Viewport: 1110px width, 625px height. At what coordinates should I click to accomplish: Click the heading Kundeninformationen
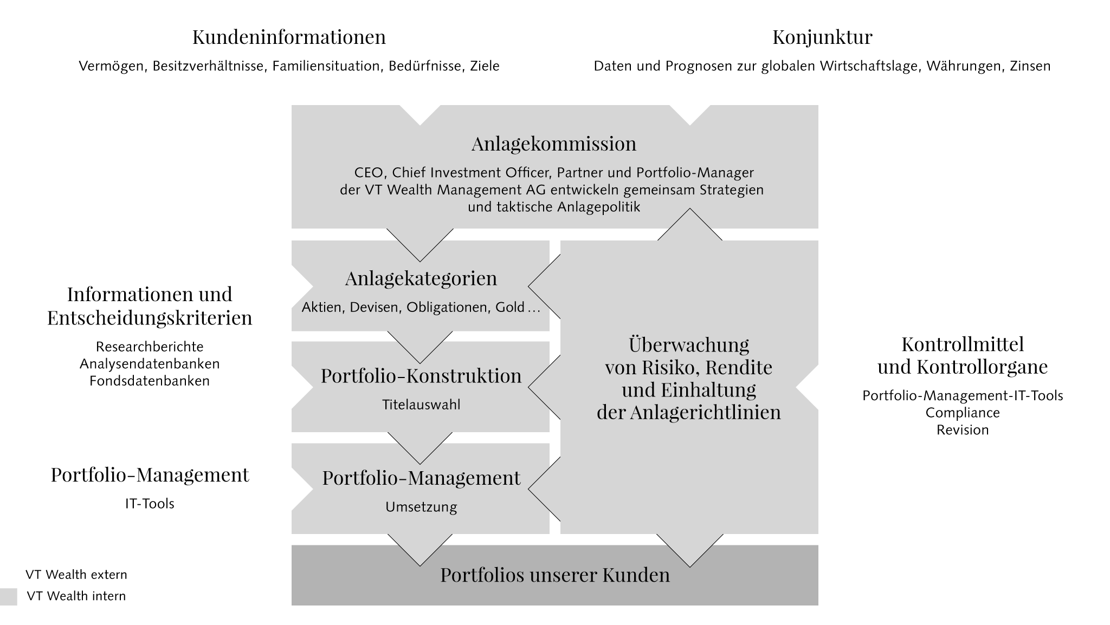click(289, 37)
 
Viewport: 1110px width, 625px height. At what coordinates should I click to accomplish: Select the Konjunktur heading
click(822, 37)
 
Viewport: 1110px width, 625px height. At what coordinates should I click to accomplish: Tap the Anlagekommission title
click(554, 144)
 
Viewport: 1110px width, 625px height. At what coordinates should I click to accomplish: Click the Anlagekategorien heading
click(421, 278)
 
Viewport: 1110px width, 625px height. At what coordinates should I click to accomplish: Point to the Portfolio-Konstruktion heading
click(421, 376)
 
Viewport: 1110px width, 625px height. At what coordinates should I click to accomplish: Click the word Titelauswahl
click(421, 405)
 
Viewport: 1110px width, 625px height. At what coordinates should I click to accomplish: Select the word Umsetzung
click(421, 507)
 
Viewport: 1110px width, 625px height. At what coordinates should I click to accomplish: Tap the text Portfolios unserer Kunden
click(555, 575)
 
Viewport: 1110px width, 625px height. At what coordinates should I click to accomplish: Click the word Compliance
click(963, 413)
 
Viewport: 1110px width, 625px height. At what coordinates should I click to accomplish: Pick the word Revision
click(963, 430)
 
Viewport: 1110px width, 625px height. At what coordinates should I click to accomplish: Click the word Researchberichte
click(150, 347)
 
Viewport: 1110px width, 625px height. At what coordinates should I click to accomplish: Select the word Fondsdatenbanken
click(150, 381)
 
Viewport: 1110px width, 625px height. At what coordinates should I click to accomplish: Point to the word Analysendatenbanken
click(150, 363)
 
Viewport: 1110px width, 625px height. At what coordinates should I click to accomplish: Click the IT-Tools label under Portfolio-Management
click(150, 504)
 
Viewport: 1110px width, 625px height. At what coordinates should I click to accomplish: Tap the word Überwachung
click(689, 344)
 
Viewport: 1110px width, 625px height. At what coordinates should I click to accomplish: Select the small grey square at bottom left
click(9, 597)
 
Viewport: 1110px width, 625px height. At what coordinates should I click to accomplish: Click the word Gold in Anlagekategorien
click(510, 308)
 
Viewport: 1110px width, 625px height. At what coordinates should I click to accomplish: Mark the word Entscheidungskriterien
click(150, 318)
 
